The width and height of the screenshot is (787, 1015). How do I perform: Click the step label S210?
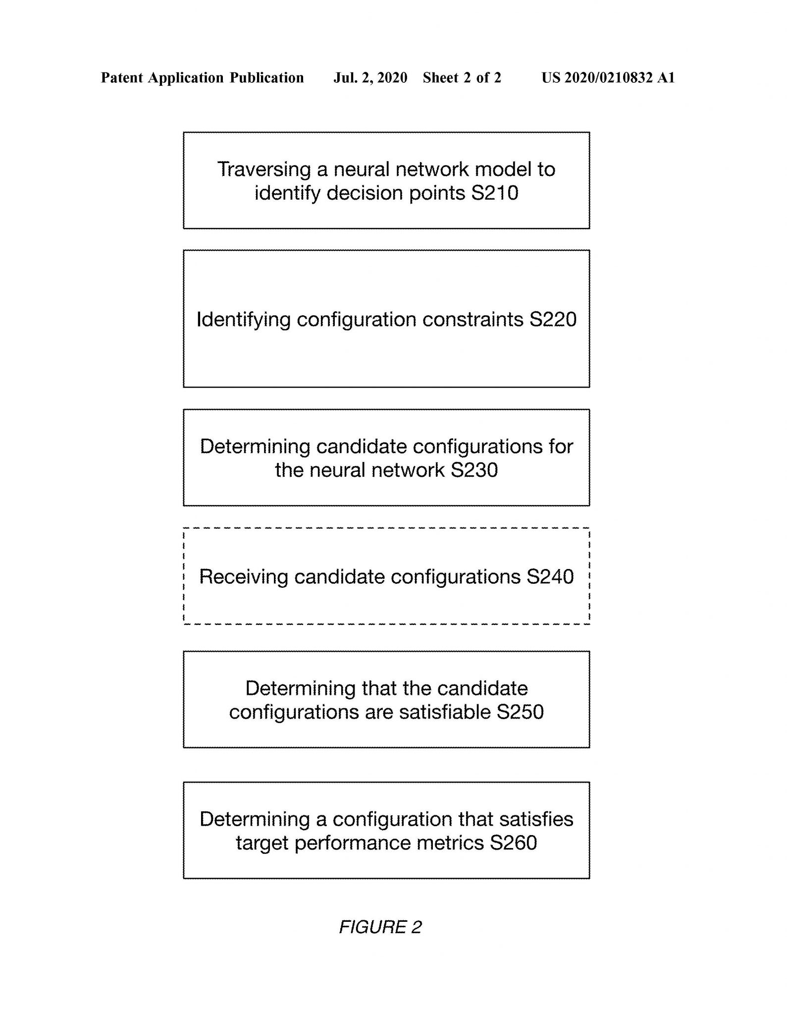[494, 193]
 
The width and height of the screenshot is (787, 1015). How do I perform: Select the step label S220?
[553, 319]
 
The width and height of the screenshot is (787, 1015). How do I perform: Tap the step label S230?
[474, 470]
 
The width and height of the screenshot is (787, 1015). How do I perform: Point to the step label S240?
[550, 576]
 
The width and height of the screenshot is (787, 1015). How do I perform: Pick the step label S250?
[520, 712]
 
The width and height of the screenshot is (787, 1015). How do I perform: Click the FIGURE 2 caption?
[380, 927]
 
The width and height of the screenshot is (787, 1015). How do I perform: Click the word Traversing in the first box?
[264, 170]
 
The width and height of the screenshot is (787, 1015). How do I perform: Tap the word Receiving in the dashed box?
[243, 577]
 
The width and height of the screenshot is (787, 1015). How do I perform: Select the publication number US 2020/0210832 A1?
[608, 78]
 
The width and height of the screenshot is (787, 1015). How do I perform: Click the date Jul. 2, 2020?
[370, 78]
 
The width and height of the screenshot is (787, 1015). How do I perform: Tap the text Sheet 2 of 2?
[462, 78]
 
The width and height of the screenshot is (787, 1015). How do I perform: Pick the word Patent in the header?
[122, 78]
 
